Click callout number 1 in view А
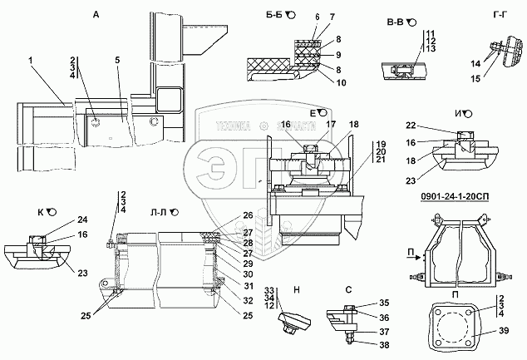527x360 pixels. [30, 61]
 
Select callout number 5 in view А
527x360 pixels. [117, 61]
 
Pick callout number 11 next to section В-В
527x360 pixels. [431, 32]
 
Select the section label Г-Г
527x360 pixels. [500, 14]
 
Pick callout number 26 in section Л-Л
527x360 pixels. [248, 216]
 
